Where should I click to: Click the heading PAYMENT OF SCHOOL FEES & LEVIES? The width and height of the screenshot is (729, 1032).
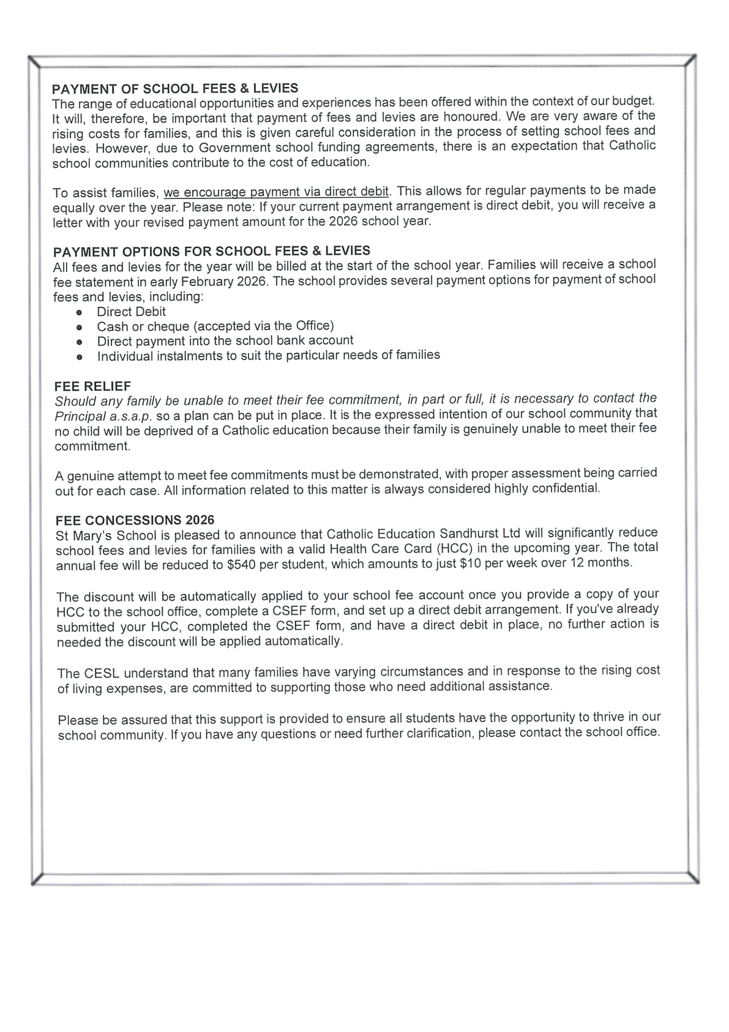(175, 88)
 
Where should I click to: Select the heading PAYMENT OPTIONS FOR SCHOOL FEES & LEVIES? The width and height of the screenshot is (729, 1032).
(212, 251)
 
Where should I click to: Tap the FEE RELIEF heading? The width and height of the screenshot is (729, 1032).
(92, 386)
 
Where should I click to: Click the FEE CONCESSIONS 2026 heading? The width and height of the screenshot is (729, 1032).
(135, 520)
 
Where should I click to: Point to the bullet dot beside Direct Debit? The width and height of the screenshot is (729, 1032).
(79, 312)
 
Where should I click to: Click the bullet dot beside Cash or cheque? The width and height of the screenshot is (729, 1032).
(79, 327)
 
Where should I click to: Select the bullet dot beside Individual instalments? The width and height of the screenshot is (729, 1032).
(79, 356)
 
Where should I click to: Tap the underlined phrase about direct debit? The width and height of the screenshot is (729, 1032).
(276, 192)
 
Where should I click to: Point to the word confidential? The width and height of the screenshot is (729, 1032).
(563, 488)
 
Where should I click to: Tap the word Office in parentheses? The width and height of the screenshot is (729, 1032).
(312, 326)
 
